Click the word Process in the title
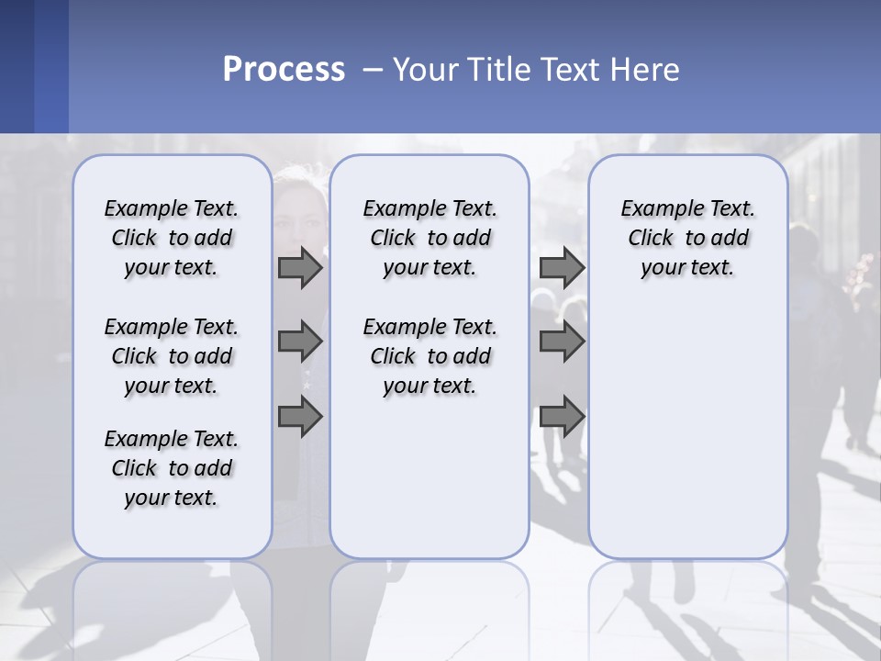tap(284, 70)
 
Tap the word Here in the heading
tap(645, 70)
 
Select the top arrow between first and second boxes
tap(300, 267)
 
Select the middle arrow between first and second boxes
tap(300, 342)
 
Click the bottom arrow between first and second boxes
tap(300, 416)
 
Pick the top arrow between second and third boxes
tap(562, 267)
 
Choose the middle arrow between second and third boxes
tap(562, 342)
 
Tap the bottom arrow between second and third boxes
tap(562, 416)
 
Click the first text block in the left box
tap(172, 238)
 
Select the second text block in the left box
tap(172, 356)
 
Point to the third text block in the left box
tap(172, 468)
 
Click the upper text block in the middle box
tap(429, 238)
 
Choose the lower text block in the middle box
tap(429, 356)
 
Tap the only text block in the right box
tap(687, 238)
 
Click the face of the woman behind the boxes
tap(301, 216)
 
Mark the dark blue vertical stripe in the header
tap(51, 66)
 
